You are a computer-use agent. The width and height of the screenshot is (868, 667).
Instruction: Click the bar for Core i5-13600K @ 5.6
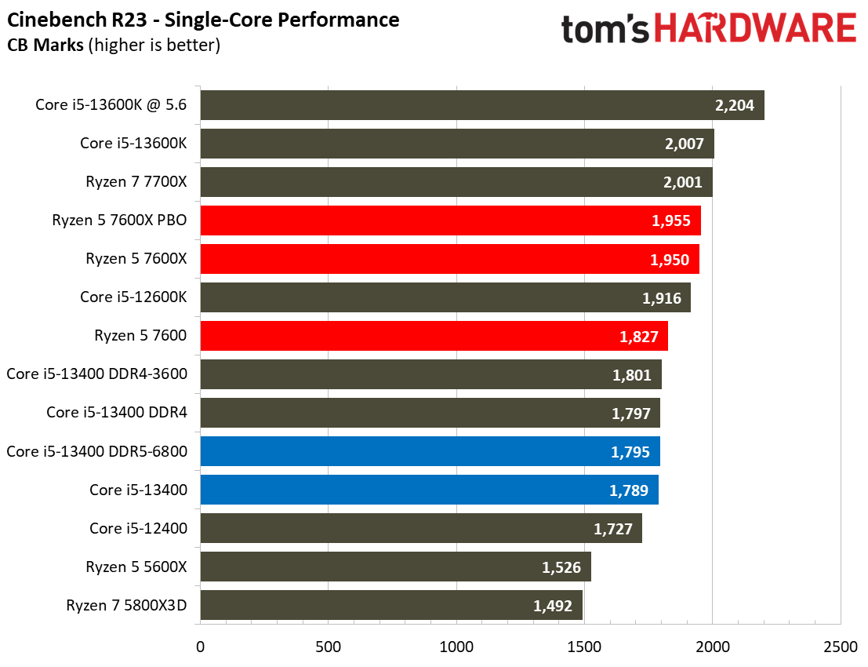coord(481,105)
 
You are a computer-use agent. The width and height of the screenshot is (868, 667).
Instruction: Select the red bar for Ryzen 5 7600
coord(434,336)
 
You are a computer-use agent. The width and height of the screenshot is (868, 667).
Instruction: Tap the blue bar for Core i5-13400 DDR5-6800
coord(430,451)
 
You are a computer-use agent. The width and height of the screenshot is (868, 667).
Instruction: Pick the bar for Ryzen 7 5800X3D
coord(391,605)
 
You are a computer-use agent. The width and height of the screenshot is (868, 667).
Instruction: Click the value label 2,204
coord(735,105)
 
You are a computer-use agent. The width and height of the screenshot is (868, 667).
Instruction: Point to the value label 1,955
coord(670,221)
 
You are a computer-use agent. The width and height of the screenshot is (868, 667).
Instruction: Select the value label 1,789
coord(629,490)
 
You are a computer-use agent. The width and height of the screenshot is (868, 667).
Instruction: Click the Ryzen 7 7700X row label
coord(136,182)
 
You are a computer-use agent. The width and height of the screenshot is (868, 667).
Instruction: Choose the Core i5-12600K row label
coord(133,297)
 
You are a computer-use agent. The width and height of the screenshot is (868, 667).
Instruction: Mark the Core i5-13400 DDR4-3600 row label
coord(96,374)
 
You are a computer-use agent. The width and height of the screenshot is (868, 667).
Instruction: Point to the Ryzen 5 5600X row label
coord(136,567)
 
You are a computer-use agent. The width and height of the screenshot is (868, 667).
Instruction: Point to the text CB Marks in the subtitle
coord(45,46)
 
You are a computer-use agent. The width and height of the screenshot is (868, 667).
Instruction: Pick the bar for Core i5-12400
coord(421,528)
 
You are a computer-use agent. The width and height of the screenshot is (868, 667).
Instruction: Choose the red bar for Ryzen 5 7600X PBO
coord(450,221)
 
